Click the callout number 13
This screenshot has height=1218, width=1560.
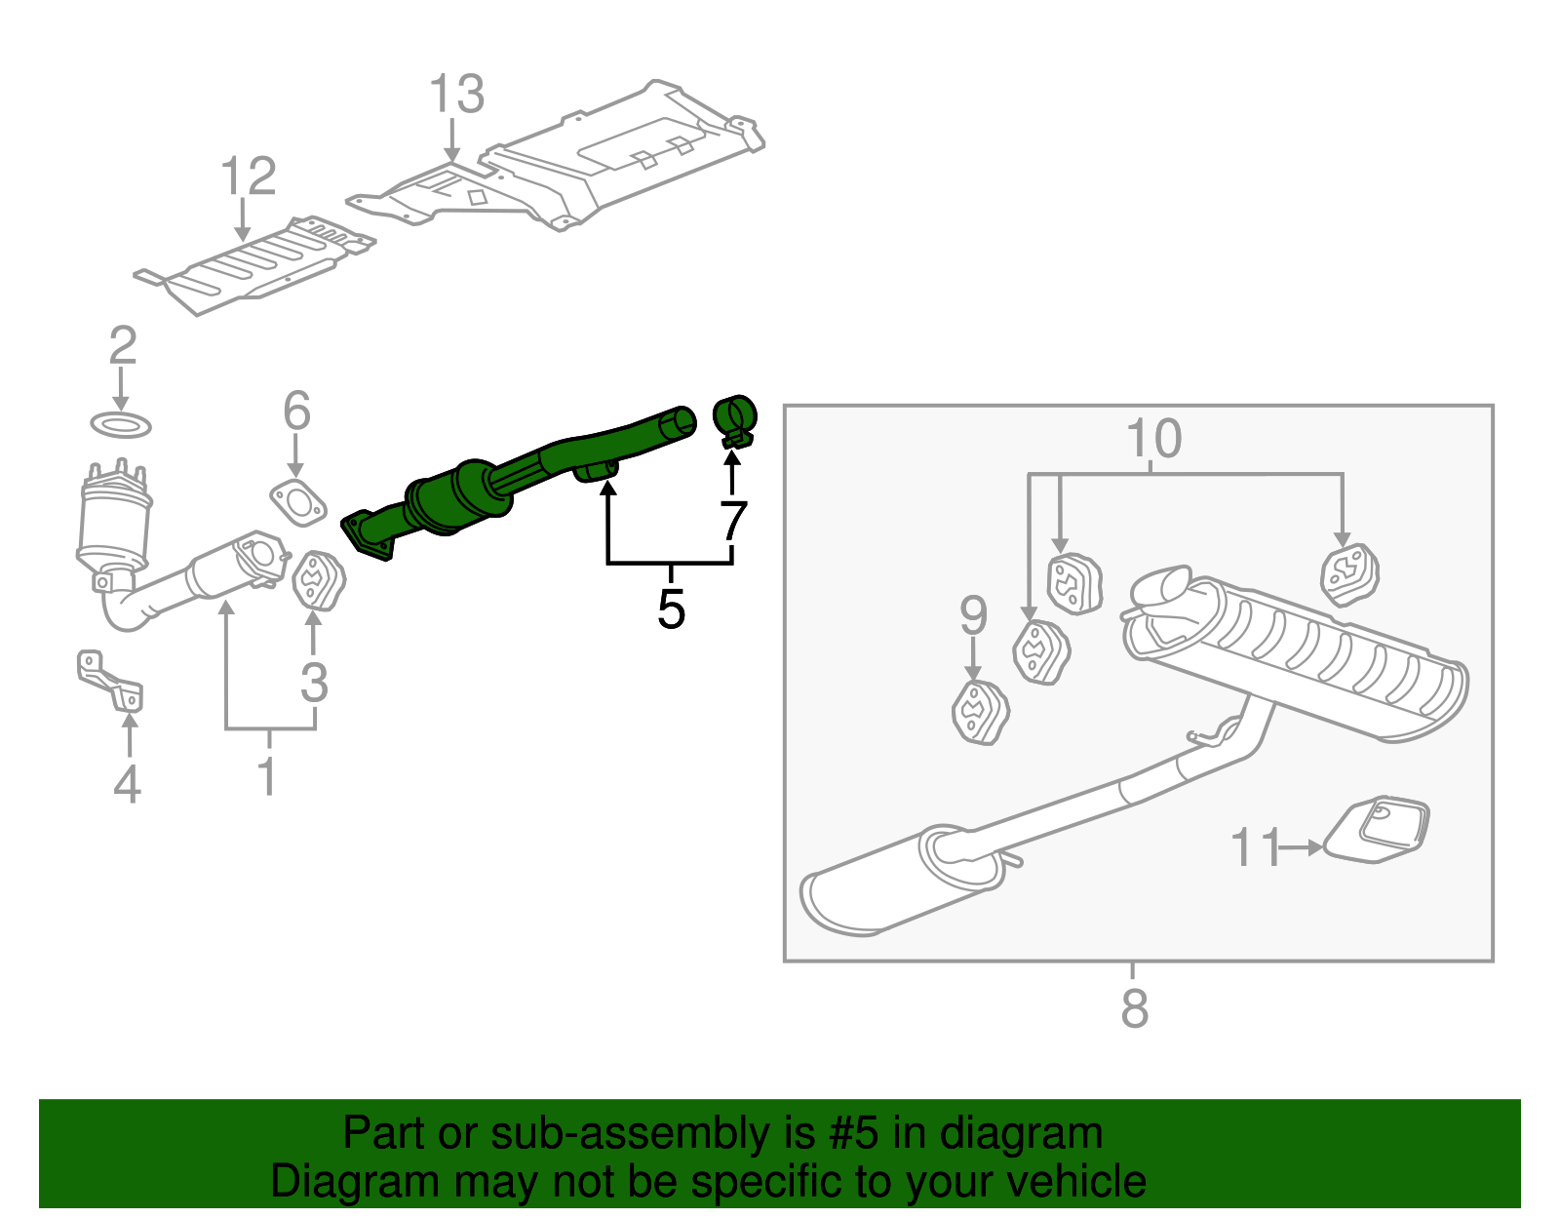click(456, 95)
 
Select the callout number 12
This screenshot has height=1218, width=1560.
click(248, 177)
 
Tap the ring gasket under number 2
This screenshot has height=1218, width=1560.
click(121, 425)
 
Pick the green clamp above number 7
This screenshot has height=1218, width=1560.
click(736, 418)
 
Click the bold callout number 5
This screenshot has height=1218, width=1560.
click(671, 609)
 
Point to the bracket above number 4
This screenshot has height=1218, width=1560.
click(110, 682)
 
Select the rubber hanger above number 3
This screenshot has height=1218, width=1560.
click(318, 581)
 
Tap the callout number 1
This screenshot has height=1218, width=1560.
click(266, 776)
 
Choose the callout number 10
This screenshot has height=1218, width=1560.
click(1153, 439)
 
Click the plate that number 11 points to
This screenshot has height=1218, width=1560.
click(1378, 830)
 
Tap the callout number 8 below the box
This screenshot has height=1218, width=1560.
click(1134, 1008)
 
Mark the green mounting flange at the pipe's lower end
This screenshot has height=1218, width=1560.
click(368, 535)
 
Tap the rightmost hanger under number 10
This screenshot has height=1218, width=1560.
click(1348, 574)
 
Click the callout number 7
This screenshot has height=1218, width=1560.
click(733, 522)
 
